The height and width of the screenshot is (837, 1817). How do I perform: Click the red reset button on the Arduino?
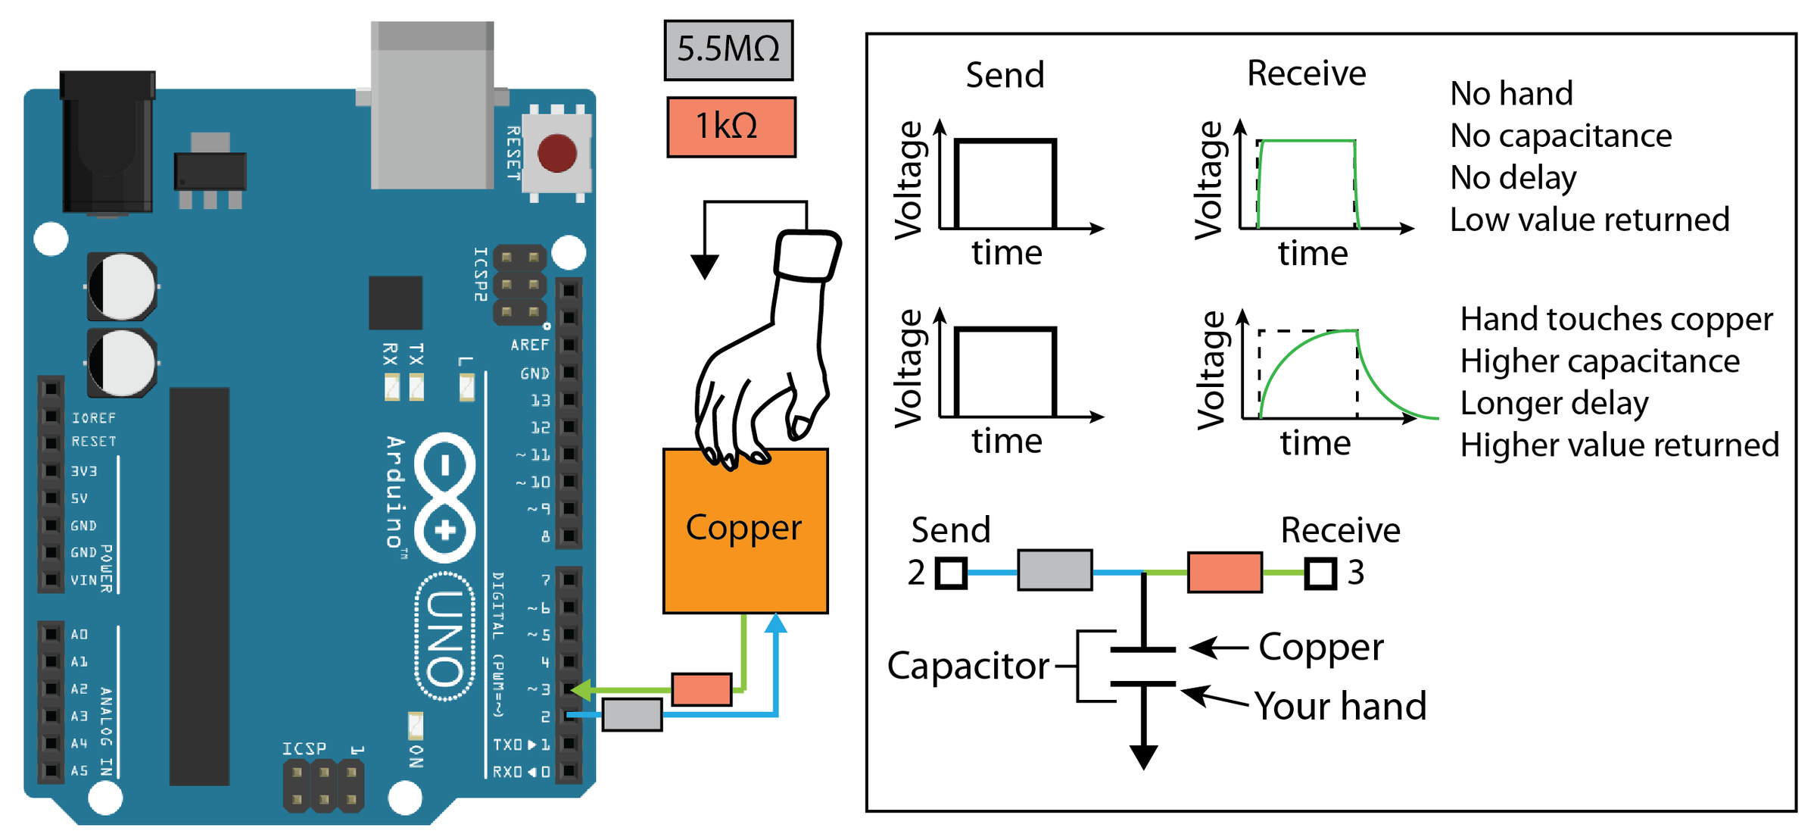pyautogui.click(x=556, y=152)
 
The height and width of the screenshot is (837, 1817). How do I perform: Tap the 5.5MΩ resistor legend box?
pyautogui.click(x=728, y=50)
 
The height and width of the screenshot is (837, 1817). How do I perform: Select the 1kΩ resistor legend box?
pyautogui.click(x=731, y=126)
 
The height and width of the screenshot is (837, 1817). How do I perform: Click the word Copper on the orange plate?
pyautogui.click(x=743, y=527)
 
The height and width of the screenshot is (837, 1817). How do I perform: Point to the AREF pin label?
pyautogui.click(x=529, y=345)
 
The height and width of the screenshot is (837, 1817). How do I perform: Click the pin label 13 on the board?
pyautogui.click(x=540, y=400)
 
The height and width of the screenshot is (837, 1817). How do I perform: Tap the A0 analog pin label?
pyautogui.click(x=79, y=634)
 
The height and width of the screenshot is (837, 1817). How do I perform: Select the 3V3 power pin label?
pyautogui.click(x=84, y=471)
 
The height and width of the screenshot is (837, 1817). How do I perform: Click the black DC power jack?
pyautogui.click(x=108, y=144)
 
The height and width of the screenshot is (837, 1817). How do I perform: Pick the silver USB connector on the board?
pyautogui.click(x=432, y=106)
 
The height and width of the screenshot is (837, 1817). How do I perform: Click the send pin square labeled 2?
pyautogui.click(x=951, y=573)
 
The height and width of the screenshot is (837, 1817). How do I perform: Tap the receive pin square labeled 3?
pyautogui.click(x=1320, y=573)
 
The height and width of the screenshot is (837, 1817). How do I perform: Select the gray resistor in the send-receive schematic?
pyautogui.click(x=1055, y=570)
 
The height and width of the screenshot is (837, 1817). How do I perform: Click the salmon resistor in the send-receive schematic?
pyautogui.click(x=1224, y=572)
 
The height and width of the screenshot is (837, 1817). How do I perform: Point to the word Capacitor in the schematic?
pyautogui.click(x=968, y=666)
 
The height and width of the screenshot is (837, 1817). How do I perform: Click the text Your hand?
pyautogui.click(x=1340, y=706)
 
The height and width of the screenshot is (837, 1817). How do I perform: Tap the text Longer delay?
pyautogui.click(x=1554, y=404)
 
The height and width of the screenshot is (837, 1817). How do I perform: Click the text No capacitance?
pyautogui.click(x=1560, y=136)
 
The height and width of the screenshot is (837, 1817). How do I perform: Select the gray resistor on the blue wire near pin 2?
pyautogui.click(x=632, y=714)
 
